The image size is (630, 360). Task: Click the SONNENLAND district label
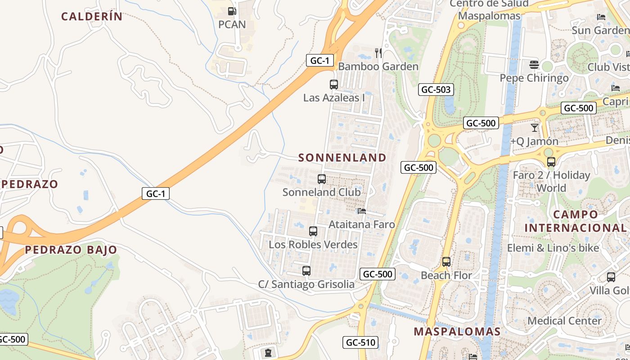click(342, 157)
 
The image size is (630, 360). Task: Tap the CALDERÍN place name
click(92, 17)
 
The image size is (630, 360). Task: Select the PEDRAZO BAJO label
click(71, 250)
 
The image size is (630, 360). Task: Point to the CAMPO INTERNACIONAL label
click(575, 221)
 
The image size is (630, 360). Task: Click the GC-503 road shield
click(436, 90)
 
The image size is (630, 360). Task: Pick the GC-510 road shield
click(360, 342)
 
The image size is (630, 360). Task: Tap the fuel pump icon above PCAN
click(232, 11)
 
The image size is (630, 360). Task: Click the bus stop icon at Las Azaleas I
click(333, 84)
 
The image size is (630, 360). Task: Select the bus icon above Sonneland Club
click(321, 179)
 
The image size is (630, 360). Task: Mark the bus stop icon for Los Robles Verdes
click(313, 231)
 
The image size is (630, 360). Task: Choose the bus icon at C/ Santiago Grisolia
click(306, 270)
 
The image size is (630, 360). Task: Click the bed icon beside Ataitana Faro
click(361, 211)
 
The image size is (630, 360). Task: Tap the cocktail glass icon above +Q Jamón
click(534, 128)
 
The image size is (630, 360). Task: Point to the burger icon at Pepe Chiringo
click(534, 65)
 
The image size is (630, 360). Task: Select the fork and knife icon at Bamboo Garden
click(378, 53)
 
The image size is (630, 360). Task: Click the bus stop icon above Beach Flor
click(446, 261)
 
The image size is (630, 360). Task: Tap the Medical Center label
click(564, 321)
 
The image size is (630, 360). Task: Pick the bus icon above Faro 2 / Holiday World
click(551, 162)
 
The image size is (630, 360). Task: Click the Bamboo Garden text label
click(378, 67)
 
